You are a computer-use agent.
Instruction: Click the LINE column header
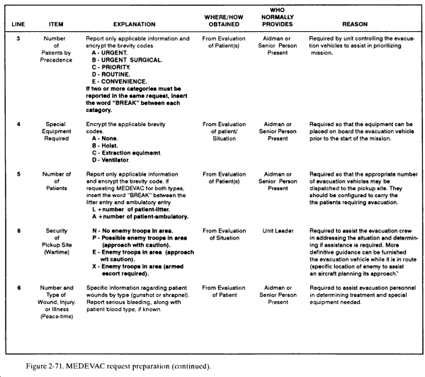(x=16, y=23)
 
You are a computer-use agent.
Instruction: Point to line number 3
(x=16, y=37)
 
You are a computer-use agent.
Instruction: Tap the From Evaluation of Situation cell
(x=222, y=235)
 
